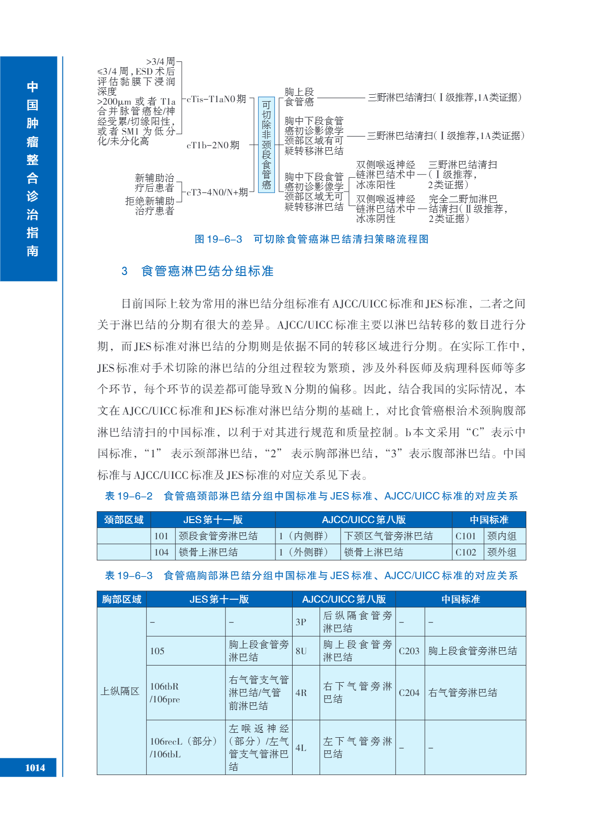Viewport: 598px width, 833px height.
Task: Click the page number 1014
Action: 35,768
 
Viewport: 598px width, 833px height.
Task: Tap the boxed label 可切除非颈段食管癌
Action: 266,145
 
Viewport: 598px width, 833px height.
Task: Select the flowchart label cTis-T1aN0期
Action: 216,99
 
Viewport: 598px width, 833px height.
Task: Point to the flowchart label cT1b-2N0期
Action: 213,145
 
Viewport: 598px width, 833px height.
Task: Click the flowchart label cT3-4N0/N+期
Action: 217,193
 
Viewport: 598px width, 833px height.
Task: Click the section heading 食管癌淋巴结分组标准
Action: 207,271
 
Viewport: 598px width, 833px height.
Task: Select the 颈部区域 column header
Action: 124,520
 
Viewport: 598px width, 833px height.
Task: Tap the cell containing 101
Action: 161,536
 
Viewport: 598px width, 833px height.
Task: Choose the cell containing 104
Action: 161,552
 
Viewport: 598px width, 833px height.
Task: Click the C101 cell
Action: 466,536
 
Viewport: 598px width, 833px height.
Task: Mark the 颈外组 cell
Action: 502,552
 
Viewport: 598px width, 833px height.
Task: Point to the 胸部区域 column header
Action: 122,599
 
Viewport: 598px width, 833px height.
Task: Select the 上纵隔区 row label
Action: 120,691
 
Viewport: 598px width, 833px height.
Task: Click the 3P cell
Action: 301,622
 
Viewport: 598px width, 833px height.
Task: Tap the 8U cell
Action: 301,651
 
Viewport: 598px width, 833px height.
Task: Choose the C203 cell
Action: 409,651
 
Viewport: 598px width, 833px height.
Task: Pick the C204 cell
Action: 409,693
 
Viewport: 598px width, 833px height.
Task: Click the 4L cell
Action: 301,748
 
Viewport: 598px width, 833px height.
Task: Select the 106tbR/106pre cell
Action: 165,693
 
